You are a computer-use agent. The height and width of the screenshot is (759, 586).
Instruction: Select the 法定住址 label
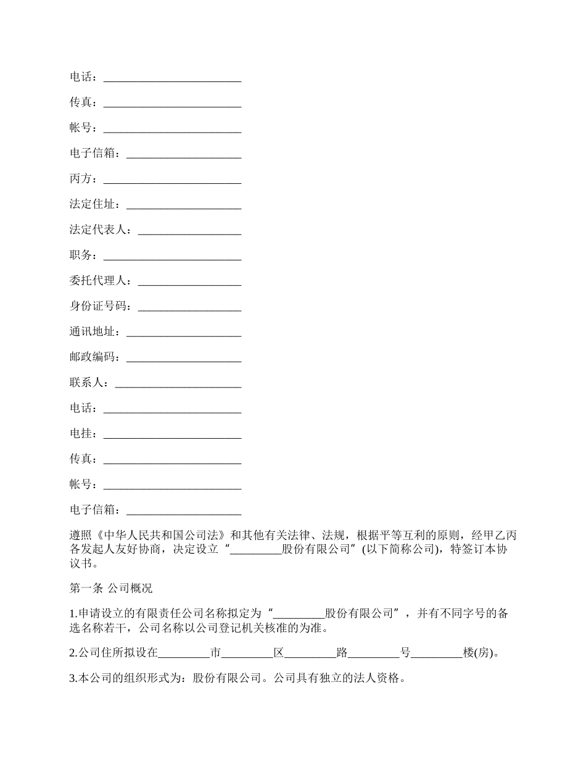coord(93,204)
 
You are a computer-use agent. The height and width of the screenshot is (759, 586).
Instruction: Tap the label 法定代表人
coord(98,230)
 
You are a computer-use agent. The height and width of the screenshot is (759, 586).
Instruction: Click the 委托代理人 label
coord(98,281)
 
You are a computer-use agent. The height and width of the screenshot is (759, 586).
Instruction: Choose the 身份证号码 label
coord(98,306)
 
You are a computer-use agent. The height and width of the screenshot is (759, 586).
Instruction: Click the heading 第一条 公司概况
coord(110,588)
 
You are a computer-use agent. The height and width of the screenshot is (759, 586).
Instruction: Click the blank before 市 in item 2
coord(184,653)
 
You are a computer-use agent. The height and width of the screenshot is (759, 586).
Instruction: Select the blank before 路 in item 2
coord(311,653)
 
